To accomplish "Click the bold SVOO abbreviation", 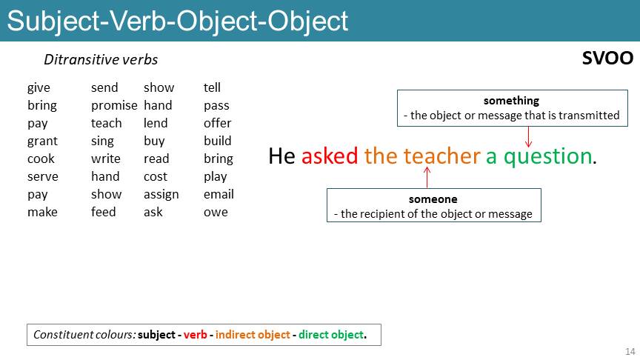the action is [607, 58].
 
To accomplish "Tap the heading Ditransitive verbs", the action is [101, 59].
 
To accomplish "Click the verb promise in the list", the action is [114, 106].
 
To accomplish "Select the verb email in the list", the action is [219, 194].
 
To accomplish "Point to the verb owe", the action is [216, 213].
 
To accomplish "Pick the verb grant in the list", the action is [42, 141].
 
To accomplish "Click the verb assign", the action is [161, 195].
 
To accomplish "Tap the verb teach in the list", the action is [106, 123].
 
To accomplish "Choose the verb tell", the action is [212, 87].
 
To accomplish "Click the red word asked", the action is [330, 156].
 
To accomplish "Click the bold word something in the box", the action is [511, 101].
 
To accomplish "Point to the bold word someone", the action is [433, 199].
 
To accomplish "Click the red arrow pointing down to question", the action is [529, 137].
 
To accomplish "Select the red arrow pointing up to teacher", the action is [427, 178].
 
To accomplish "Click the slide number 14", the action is [630, 351].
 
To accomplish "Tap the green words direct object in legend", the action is [331, 335].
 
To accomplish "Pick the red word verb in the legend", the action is [195, 335].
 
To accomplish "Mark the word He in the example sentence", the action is [281, 156].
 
